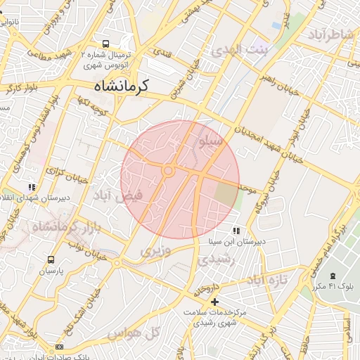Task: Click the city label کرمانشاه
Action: (x=122, y=86)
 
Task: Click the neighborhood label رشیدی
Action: (x=213, y=259)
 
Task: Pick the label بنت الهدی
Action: (x=240, y=51)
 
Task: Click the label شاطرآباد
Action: (x=328, y=35)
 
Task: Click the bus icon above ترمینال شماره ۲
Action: (x=105, y=43)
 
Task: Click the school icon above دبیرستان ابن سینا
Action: (x=236, y=231)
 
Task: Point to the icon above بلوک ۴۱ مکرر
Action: (x=333, y=276)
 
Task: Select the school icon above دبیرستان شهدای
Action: (x=32, y=187)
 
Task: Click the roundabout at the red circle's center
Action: (x=168, y=171)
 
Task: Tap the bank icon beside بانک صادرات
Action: (x=59, y=347)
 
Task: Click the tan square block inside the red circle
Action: (x=226, y=195)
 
